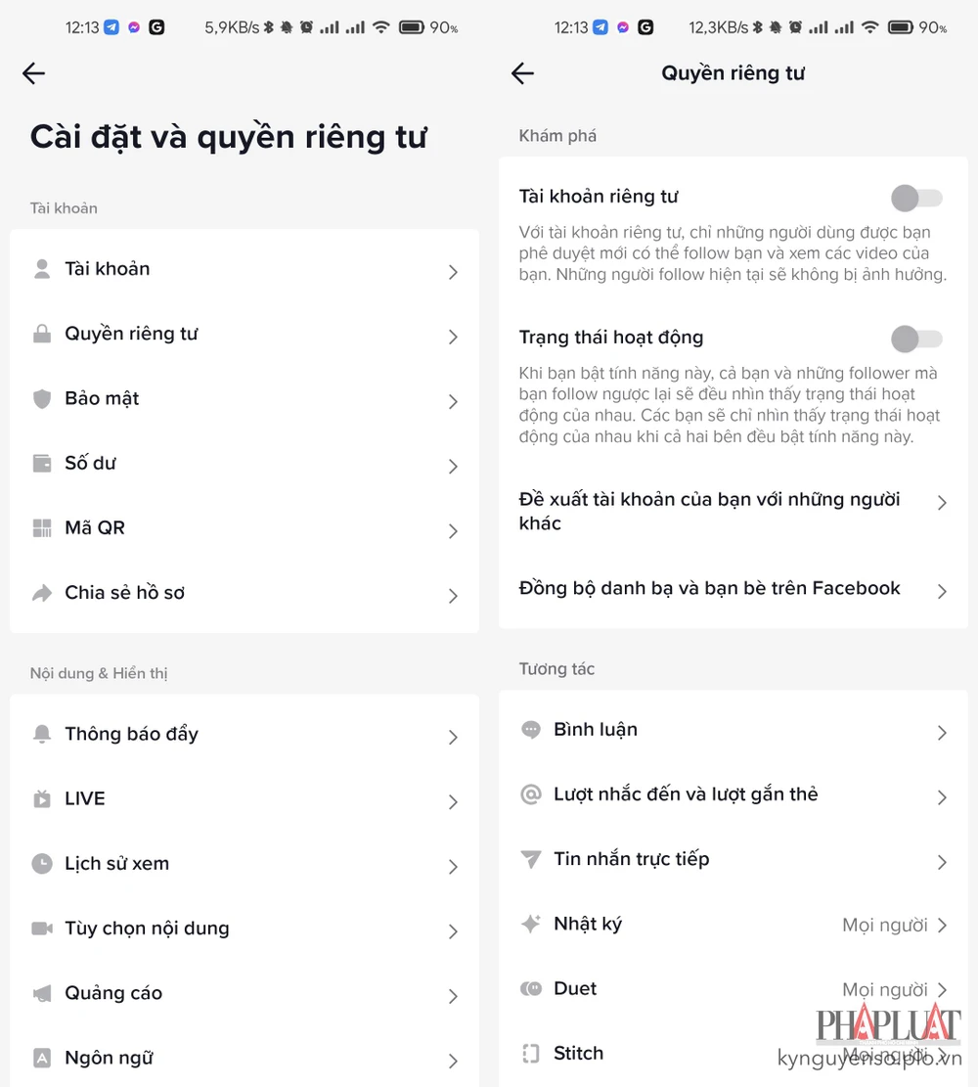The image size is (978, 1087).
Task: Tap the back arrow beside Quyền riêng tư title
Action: point(522,72)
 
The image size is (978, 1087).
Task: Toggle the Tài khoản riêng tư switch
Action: point(916,199)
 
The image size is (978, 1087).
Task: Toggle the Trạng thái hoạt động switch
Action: point(916,339)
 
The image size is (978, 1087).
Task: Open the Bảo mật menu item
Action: point(102,398)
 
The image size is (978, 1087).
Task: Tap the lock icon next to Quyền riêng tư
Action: point(42,335)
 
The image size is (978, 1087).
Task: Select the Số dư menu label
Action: point(90,463)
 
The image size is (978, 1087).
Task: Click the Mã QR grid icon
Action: point(42,528)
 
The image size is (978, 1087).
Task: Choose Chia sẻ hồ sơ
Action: point(125,593)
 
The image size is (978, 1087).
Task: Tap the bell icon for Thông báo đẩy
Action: point(42,734)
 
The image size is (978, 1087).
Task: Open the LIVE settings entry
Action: point(84,798)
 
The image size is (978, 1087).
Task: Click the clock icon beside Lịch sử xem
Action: point(42,864)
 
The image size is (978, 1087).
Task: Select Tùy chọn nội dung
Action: point(147,928)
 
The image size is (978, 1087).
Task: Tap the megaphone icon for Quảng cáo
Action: point(42,993)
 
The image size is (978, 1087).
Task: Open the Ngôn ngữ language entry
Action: point(109,1058)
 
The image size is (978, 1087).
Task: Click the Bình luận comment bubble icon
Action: point(531,730)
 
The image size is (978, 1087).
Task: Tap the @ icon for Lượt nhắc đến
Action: point(531,794)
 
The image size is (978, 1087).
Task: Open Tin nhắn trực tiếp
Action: point(632,859)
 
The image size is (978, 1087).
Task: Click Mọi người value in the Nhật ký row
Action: point(884,925)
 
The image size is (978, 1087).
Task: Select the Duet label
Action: point(575,988)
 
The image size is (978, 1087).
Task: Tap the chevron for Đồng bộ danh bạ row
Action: point(941,591)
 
